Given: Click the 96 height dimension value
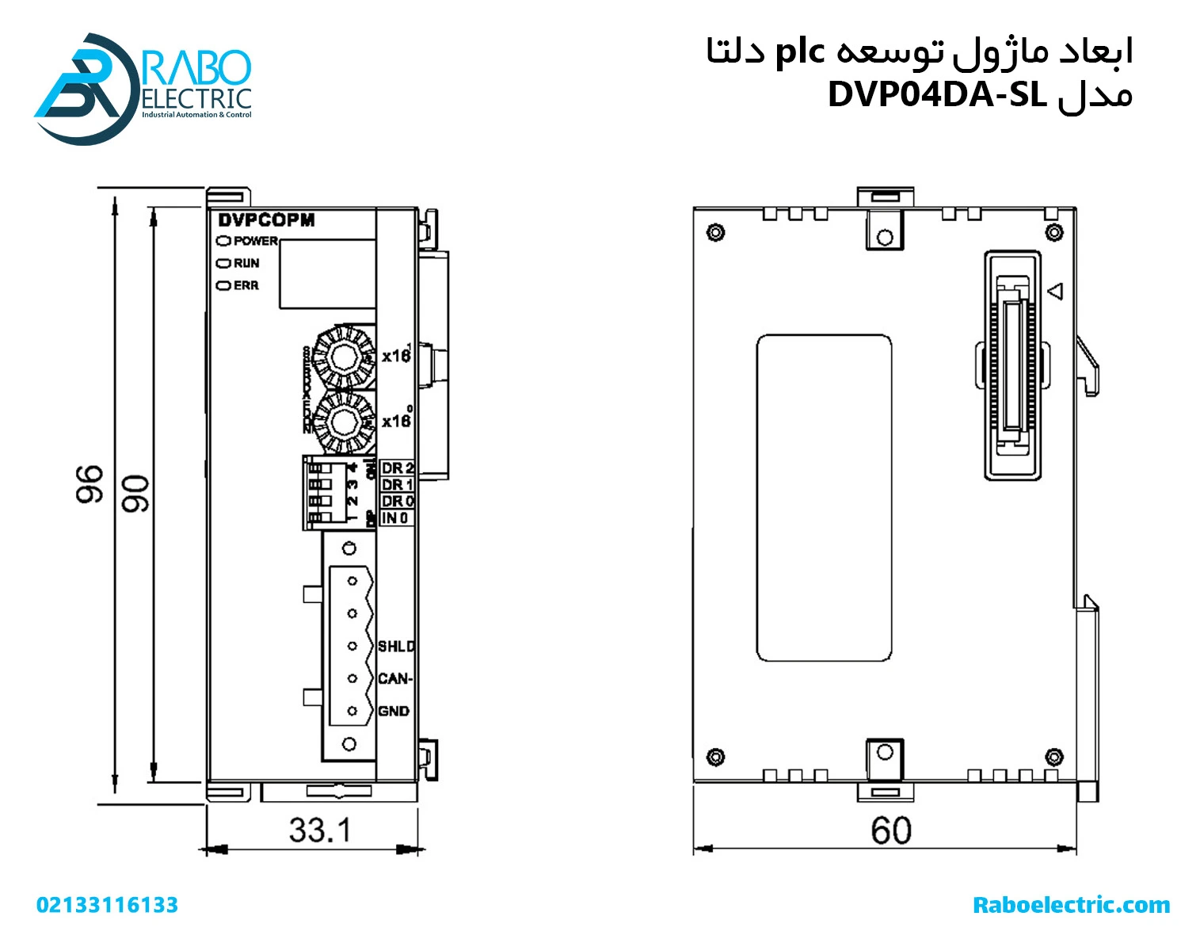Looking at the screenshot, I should [x=90, y=484].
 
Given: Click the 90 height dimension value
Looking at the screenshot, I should [x=135, y=494].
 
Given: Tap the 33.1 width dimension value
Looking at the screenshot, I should [x=319, y=830].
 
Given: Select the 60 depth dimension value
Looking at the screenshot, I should [x=890, y=830].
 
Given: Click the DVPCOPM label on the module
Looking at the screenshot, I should [x=266, y=220].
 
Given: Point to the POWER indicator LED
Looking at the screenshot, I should [x=224, y=241].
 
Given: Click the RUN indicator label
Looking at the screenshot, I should [x=246, y=263].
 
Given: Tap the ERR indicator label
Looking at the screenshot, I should [x=246, y=285].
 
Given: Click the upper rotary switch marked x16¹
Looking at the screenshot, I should [x=343, y=358].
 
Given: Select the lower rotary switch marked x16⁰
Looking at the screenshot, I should [x=343, y=421].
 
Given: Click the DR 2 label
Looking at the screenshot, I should [x=397, y=468].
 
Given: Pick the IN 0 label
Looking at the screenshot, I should [x=395, y=518].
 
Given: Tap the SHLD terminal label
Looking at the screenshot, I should [x=395, y=647].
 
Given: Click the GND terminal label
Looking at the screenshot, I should [x=394, y=712].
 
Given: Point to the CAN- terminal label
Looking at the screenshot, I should [x=394, y=679].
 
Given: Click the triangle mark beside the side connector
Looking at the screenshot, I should [x=1055, y=292].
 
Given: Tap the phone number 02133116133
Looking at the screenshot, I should [x=107, y=905].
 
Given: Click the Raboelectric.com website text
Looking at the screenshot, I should [x=1071, y=905].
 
